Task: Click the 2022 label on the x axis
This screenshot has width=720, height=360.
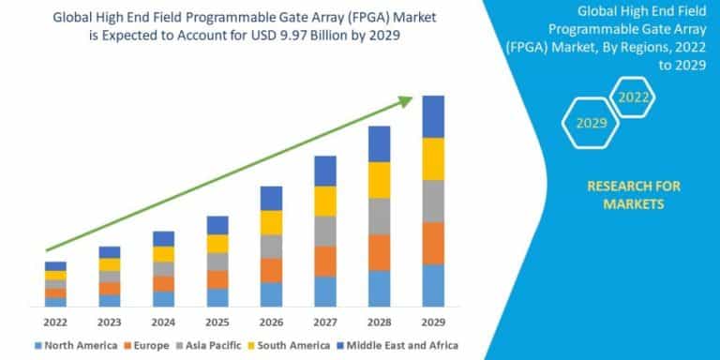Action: point(55,322)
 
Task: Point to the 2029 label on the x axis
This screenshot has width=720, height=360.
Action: point(432,322)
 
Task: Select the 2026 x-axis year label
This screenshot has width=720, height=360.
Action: point(271,322)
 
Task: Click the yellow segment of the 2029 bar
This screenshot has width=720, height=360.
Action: point(432,158)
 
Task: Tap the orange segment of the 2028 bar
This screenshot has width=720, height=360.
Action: point(379,252)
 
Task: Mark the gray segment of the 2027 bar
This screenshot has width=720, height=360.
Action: point(324,231)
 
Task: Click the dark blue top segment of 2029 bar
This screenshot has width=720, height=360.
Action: point(432,116)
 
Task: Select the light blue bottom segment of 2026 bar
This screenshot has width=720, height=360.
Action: point(271,294)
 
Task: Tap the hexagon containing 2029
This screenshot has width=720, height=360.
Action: point(592,123)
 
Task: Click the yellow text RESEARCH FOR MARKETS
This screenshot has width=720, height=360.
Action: point(633,195)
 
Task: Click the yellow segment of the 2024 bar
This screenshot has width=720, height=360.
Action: point(163,254)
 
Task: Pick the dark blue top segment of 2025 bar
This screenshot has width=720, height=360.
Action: point(217,225)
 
